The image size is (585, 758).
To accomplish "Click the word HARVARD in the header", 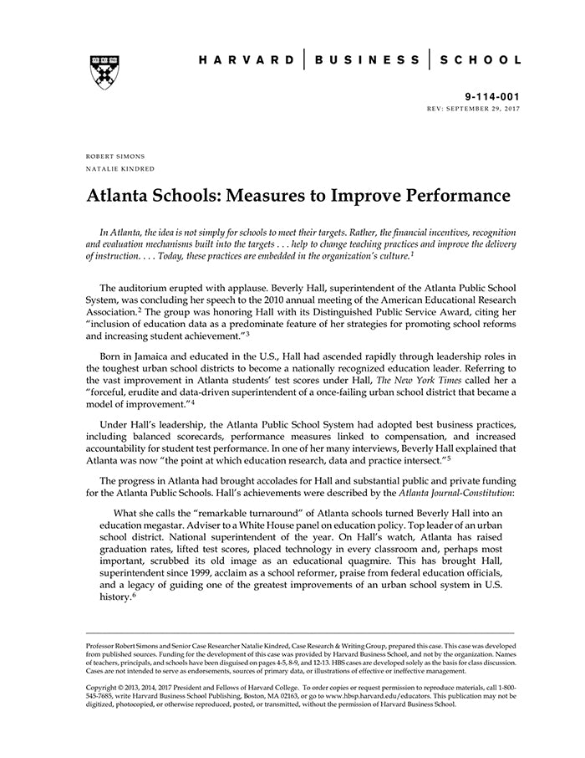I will coord(247,60).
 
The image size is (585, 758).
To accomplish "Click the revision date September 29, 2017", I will coord(485,109).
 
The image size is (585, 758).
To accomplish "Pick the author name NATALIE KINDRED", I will coord(120,169).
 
